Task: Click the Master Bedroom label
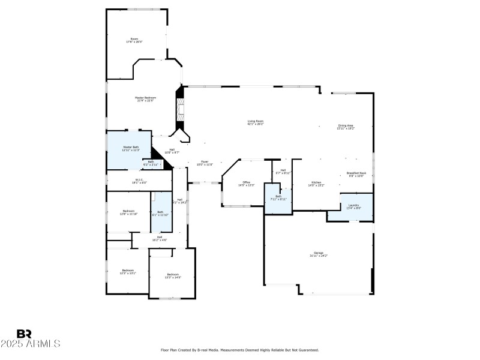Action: click(x=145, y=99)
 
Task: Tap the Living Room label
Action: click(x=256, y=122)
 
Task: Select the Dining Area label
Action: click(x=346, y=127)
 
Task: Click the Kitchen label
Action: click(x=316, y=184)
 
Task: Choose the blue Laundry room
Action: click(x=354, y=206)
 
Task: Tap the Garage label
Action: click(x=318, y=254)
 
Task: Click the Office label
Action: click(x=246, y=184)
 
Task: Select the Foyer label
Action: click(x=205, y=163)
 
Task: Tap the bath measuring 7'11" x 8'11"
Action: click(x=278, y=198)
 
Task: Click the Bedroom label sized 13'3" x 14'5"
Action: click(x=173, y=276)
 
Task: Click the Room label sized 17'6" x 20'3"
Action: click(x=134, y=40)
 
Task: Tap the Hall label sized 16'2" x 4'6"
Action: click(x=160, y=238)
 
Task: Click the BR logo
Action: click(x=24, y=334)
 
